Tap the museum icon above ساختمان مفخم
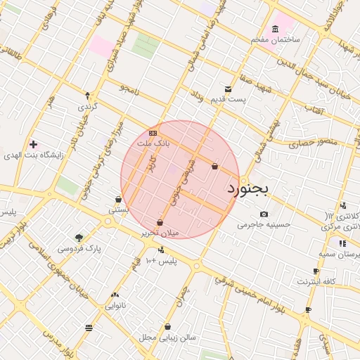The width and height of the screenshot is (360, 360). tap(275, 29)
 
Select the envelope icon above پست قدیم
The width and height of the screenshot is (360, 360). tap(228, 89)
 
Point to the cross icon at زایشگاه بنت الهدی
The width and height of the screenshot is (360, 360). tap(33, 144)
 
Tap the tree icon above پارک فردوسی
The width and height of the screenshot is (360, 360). tap(79, 238)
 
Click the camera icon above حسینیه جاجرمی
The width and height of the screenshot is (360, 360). tap(264, 214)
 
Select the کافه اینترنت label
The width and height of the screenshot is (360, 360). tap(317, 281)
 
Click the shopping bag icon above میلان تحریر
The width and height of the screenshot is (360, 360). tap(160, 222)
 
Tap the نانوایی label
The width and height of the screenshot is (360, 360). tap(115, 305)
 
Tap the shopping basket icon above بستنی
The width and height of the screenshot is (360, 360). tap(118, 200)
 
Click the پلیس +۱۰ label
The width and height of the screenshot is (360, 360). tap(161, 261)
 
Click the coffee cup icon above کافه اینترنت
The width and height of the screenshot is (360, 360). tap(316, 271)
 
